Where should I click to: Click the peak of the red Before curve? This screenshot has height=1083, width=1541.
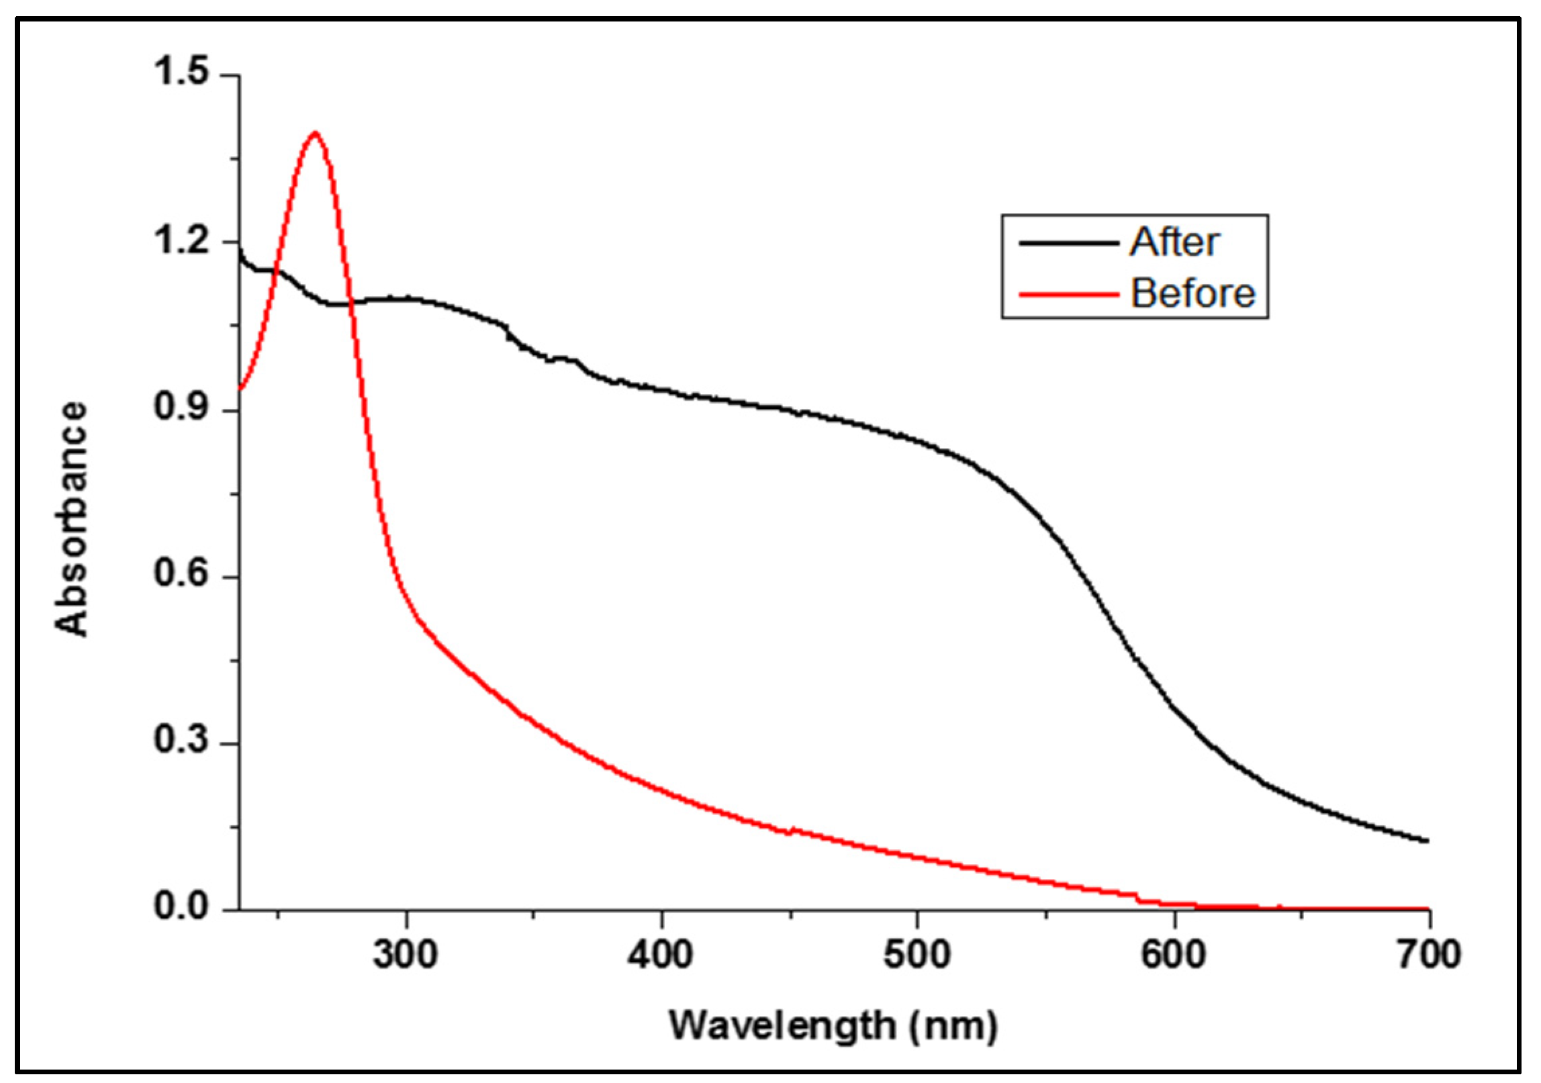point(314,133)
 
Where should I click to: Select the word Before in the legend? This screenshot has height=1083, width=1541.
point(1193,293)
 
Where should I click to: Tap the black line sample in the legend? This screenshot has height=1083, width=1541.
point(1068,242)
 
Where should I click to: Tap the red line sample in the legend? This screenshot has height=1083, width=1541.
point(1068,294)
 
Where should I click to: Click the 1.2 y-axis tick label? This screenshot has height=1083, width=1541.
point(182,240)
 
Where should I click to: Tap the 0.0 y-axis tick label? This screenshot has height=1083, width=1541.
point(182,906)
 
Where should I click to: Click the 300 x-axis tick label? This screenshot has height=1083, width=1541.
point(406,954)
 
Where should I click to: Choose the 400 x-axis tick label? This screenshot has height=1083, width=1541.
point(661,954)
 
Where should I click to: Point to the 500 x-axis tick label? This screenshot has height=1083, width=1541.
point(917,954)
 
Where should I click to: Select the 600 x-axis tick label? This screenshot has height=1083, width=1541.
point(1174,954)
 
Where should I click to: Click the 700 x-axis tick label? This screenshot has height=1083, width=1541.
point(1429,954)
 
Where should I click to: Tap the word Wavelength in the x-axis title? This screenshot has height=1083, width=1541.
point(782,1025)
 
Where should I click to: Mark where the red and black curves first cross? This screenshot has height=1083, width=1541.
point(275,271)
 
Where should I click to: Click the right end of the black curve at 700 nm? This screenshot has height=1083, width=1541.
point(1427,840)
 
